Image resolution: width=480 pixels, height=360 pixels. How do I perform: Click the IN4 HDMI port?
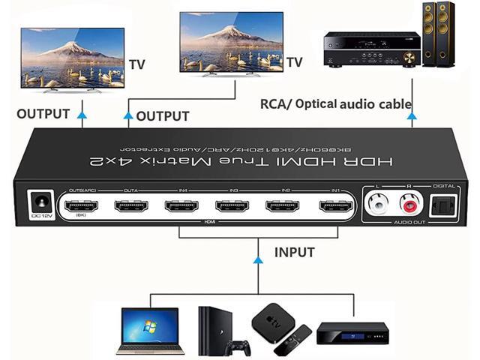182,206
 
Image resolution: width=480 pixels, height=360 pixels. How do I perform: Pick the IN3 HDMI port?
232,206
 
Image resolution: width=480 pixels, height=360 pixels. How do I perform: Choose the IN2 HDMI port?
283,206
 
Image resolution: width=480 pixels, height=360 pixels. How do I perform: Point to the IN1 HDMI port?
334,206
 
